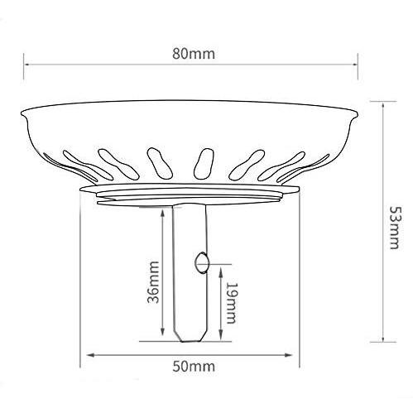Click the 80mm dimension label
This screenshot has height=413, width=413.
coord(194,54)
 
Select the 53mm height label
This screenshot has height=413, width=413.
coord(394,228)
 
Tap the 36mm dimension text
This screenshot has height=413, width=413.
coord(153,282)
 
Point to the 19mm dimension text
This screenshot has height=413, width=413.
coord(231,303)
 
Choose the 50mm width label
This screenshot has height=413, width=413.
coord(194,367)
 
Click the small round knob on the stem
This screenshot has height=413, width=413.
coord(202,262)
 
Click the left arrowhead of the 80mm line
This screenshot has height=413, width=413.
coord(26,65)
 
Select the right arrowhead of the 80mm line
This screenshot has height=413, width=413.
coord(355,65)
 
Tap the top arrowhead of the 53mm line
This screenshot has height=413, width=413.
coord(383,105)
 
